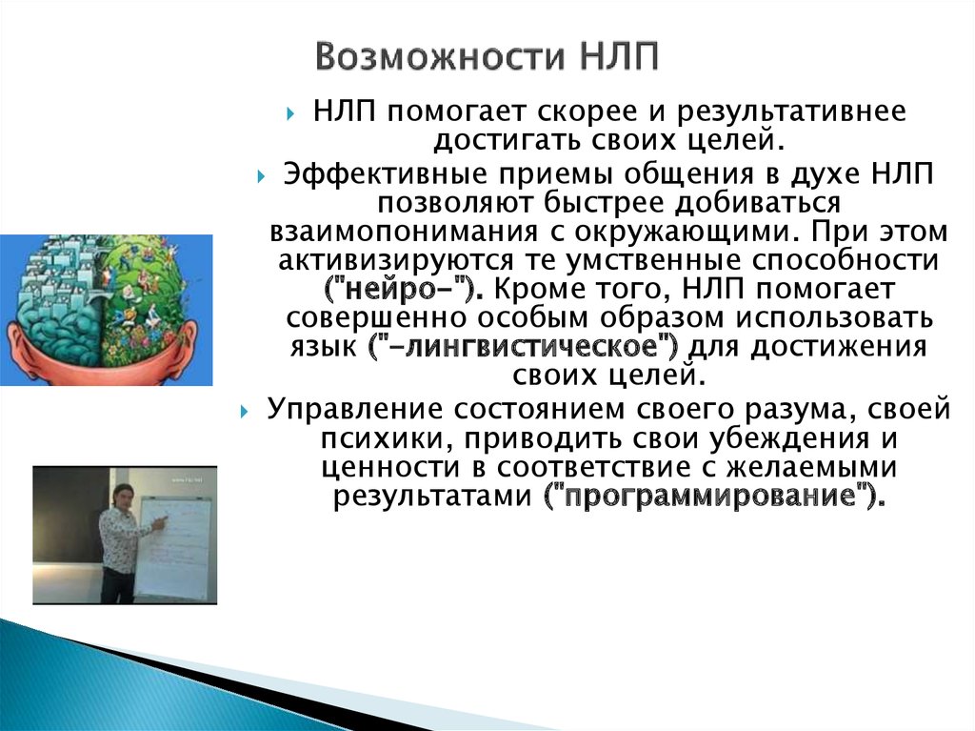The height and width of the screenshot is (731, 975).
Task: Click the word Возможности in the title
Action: pyautogui.click(x=441, y=56)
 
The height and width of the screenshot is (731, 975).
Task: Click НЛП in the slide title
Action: pyautogui.click(x=620, y=56)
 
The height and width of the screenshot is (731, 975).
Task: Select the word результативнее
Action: pyautogui.click(x=791, y=112)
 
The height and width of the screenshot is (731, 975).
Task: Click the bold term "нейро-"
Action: pyautogui.click(x=404, y=289)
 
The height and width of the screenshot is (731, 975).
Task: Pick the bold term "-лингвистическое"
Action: pyautogui.click(x=525, y=347)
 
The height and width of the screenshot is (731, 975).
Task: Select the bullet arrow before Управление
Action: pyautogui.click(x=245, y=412)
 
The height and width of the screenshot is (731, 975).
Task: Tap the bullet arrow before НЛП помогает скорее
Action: pyautogui.click(x=291, y=114)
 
